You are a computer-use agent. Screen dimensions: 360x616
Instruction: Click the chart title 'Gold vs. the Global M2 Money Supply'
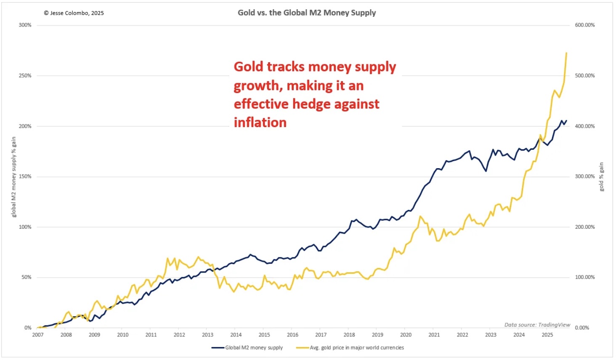[307, 13]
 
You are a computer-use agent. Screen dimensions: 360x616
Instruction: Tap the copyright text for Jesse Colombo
[74, 13]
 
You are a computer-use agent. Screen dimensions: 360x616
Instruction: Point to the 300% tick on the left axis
[25, 25]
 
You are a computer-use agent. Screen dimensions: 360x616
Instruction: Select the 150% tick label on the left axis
[25, 177]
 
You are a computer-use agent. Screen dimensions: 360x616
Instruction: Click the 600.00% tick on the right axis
[585, 25]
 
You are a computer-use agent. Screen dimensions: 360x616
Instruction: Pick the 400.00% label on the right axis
[585, 126]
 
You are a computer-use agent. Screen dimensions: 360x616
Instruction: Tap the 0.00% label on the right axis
[582, 328]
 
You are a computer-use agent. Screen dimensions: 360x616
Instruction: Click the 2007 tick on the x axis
[38, 335]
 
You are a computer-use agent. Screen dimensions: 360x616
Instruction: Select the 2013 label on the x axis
[207, 335]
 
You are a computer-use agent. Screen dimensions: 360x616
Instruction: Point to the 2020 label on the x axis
[406, 335]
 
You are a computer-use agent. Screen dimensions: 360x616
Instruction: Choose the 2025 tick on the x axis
[547, 335]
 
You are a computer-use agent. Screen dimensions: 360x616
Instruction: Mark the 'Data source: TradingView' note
[537, 325]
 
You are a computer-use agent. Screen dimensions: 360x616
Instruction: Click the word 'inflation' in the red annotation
[260, 122]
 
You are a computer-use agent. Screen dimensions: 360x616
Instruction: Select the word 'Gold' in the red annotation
[248, 67]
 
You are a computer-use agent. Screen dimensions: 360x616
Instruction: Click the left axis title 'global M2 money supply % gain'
[14, 177]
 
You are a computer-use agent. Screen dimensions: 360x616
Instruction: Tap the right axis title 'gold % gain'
[601, 177]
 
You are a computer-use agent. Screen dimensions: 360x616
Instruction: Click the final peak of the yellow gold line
[566, 53]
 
